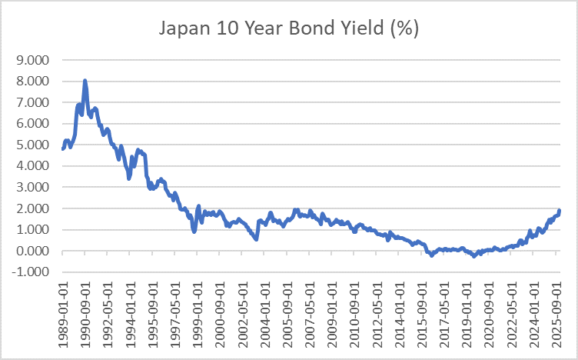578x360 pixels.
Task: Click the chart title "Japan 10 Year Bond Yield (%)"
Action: (x=288, y=28)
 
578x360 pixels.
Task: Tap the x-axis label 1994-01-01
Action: (x=131, y=311)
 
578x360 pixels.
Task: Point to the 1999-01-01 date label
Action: (x=198, y=311)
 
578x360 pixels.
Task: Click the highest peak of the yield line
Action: (x=85, y=80)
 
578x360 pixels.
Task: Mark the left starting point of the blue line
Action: (x=62, y=148)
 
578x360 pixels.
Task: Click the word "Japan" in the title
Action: (x=184, y=28)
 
